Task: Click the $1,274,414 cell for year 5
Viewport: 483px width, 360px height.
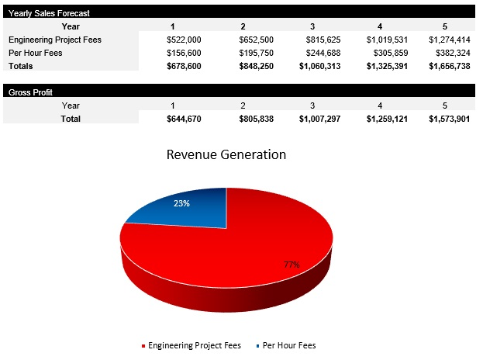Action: tap(449, 40)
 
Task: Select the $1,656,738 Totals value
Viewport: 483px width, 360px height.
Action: tap(449, 66)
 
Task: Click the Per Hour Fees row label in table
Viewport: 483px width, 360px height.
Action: tap(36, 53)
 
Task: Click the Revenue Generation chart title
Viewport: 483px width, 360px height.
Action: tap(226, 154)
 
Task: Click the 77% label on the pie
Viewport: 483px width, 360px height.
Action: tap(292, 265)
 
